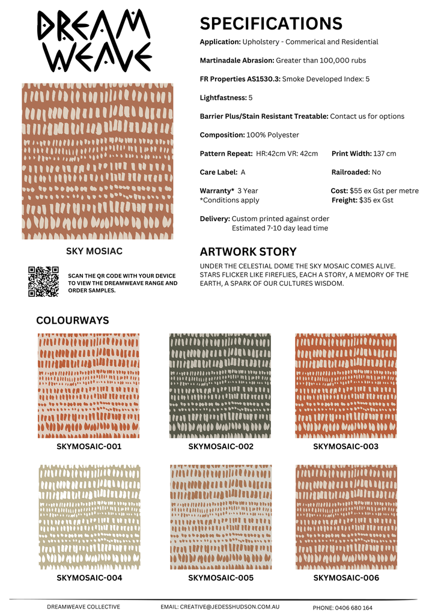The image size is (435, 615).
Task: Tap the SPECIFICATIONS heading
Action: pyautogui.click(x=270, y=23)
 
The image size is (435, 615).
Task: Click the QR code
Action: pyautogui.click(x=43, y=281)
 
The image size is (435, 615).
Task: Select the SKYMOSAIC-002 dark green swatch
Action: pyautogui.click(x=220, y=386)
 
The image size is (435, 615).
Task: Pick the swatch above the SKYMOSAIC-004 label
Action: pyautogui.click(x=89, y=517)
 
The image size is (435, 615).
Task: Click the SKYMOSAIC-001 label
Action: pyautogui.click(x=89, y=447)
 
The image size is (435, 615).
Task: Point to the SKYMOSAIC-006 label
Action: pyautogui.click(x=346, y=578)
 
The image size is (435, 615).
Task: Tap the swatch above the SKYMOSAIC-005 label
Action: pyautogui.click(x=220, y=517)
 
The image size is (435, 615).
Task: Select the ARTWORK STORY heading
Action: pyautogui.click(x=248, y=252)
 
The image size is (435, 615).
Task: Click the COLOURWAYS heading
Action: pyautogui.click(x=73, y=320)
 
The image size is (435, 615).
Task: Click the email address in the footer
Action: pyautogui.click(x=237, y=607)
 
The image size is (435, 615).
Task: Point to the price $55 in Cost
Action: pyautogui.click(x=356, y=191)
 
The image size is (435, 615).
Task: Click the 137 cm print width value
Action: pyautogui.click(x=385, y=154)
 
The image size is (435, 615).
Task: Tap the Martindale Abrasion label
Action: pyautogui.click(x=237, y=61)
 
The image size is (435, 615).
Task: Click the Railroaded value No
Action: pyautogui.click(x=376, y=172)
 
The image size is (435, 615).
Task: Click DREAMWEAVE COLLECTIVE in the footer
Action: pyautogui.click(x=84, y=607)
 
